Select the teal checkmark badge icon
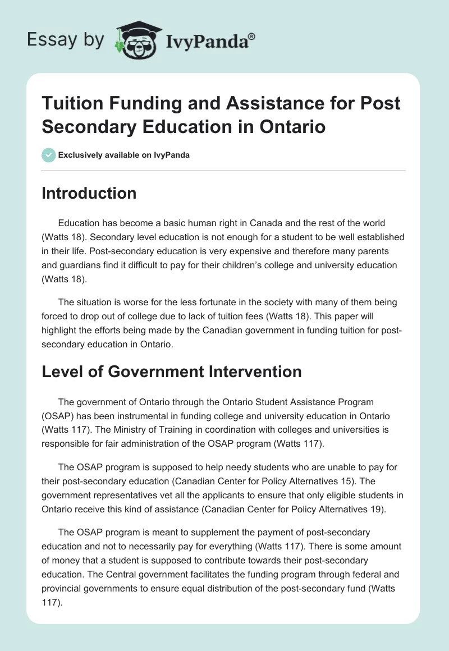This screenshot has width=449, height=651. (x=49, y=155)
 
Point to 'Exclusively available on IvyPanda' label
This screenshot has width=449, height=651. (x=123, y=155)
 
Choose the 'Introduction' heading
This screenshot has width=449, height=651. (x=89, y=193)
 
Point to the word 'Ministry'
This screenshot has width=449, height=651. (x=125, y=430)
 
